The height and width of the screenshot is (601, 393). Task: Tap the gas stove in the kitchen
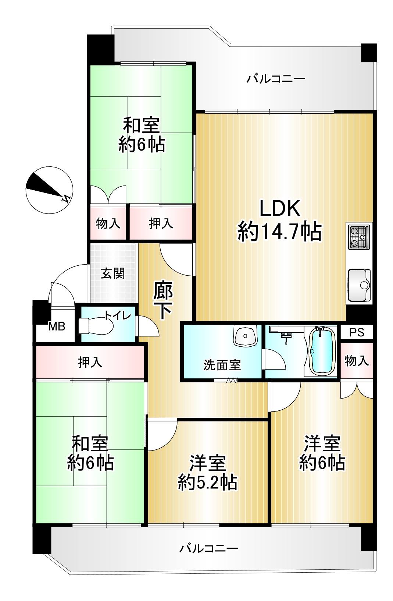(x=359, y=237)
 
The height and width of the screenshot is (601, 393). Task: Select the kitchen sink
(x=359, y=285)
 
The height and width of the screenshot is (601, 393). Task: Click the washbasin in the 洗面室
(x=245, y=335)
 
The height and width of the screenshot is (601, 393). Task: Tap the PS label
(x=357, y=333)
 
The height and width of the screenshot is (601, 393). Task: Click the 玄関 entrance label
(x=113, y=273)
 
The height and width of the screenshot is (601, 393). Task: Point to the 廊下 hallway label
(x=163, y=300)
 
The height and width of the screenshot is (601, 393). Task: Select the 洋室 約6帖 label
(x=322, y=453)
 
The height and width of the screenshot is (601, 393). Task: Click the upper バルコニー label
(x=276, y=79)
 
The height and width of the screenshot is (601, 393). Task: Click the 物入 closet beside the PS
(x=357, y=361)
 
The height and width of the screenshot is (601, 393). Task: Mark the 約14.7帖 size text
(x=279, y=231)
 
